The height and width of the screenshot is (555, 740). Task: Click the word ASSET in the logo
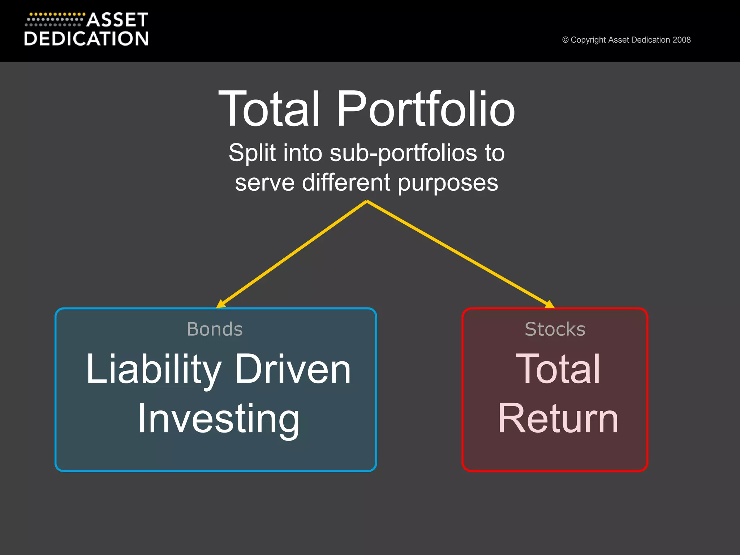point(117,20)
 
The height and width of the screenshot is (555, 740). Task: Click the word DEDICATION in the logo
point(86,39)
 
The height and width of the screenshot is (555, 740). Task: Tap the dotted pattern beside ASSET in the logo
point(54,20)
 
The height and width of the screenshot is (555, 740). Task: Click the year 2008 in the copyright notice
point(681,40)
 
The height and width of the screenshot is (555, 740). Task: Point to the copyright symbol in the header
point(565,40)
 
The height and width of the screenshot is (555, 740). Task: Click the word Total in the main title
point(269,109)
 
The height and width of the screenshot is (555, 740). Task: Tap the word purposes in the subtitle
point(448,183)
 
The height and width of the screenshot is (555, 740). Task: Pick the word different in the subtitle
point(346,182)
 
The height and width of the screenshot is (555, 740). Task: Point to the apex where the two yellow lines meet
point(367,202)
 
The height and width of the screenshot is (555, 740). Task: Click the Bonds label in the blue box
point(215,329)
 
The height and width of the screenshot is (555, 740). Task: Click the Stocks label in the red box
point(555,329)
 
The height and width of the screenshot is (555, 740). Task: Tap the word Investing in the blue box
point(219,419)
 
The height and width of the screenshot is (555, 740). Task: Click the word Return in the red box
point(558,419)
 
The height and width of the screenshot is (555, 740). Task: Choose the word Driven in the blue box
point(293,369)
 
